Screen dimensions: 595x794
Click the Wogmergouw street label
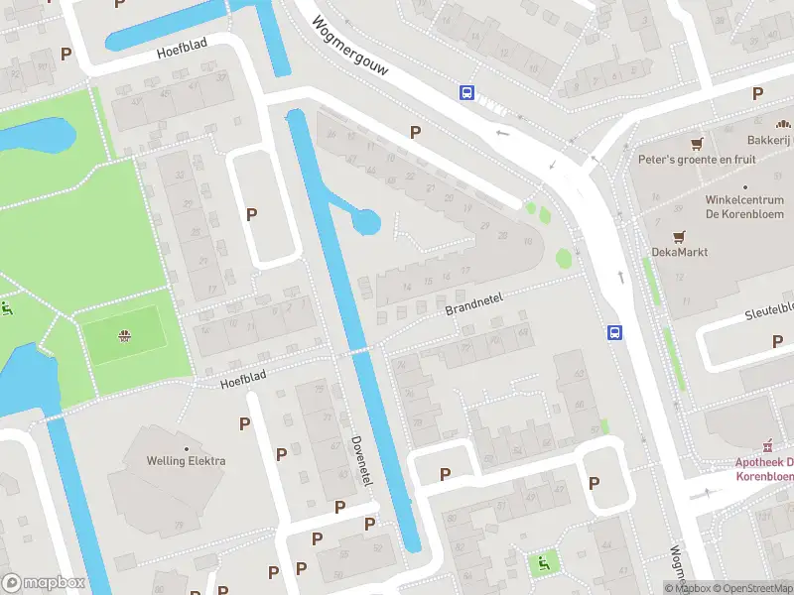(350, 49)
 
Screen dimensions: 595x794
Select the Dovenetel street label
(362, 461)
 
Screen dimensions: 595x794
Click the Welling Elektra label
(186, 461)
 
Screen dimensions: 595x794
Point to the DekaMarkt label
(679, 252)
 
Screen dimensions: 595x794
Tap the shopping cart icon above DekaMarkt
(679, 236)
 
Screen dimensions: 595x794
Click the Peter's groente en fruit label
(696, 160)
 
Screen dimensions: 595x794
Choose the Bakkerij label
(768, 142)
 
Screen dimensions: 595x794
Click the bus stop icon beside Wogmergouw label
(466, 92)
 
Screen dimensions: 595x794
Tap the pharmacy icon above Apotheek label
(766, 445)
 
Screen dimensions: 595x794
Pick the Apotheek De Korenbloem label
(764, 469)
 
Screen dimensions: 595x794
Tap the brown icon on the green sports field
(124, 334)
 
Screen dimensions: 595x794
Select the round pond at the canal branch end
(366, 221)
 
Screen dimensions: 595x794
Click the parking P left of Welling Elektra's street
(244, 423)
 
